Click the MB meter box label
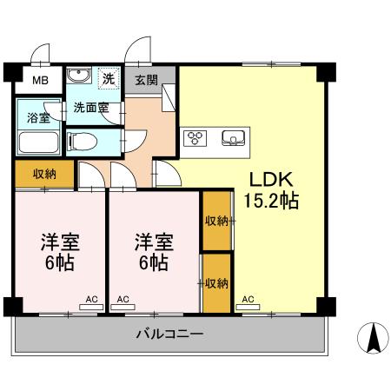(x=41, y=83)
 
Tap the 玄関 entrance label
(x=147, y=81)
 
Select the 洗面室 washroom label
(x=89, y=108)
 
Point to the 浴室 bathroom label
(x=37, y=117)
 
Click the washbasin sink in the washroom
(x=76, y=75)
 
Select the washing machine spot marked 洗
(x=109, y=78)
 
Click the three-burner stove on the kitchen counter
(x=195, y=137)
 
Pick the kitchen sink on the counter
(x=234, y=137)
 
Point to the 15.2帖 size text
(x=271, y=202)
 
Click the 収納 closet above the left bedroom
(x=44, y=174)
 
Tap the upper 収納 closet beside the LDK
(x=216, y=221)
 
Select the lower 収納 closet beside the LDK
(x=216, y=282)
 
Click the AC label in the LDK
(x=249, y=300)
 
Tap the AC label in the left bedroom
(x=91, y=300)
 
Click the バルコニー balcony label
(x=169, y=334)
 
